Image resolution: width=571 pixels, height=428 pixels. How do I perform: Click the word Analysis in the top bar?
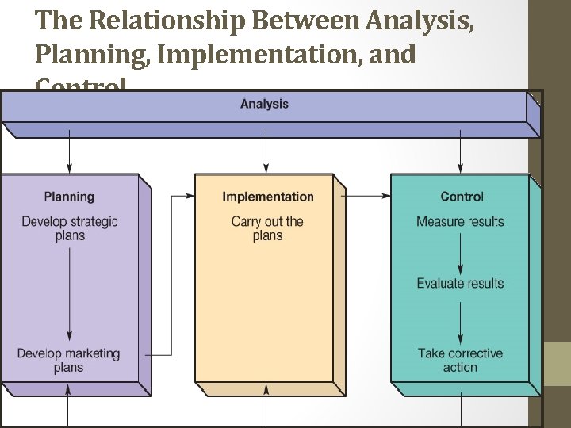pyautogui.click(x=264, y=105)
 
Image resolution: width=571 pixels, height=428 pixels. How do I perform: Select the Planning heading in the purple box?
pyautogui.click(x=69, y=197)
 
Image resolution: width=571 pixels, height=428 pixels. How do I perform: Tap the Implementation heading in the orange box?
pyautogui.click(x=267, y=197)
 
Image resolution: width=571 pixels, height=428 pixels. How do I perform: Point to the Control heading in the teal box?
pyautogui.click(x=462, y=197)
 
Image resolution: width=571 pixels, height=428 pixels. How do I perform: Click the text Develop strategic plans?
pyautogui.click(x=69, y=228)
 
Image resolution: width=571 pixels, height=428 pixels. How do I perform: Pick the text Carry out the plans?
pyautogui.click(x=267, y=228)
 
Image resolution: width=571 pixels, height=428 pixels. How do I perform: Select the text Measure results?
pyautogui.click(x=460, y=221)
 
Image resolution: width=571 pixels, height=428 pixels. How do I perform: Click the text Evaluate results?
pyautogui.click(x=460, y=283)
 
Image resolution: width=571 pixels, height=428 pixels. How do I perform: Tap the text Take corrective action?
pyautogui.click(x=460, y=361)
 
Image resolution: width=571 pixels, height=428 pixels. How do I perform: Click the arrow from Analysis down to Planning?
pyautogui.click(x=70, y=154)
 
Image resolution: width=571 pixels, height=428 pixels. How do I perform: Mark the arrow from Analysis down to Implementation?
pyautogui.click(x=266, y=154)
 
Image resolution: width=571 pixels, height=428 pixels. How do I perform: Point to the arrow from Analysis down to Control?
pyautogui.click(x=461, y=154)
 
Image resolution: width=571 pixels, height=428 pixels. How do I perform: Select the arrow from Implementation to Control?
pyautogui.click(x=368, y=195)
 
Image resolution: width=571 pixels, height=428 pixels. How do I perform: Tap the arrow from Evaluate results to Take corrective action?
pyautogui.click(x=461, y=318)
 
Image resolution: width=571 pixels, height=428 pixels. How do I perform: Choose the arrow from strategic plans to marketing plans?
pyautogui.click(x=70, y=293)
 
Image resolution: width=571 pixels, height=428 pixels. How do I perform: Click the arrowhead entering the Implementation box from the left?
pyautogui.click(x=190, y=195)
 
